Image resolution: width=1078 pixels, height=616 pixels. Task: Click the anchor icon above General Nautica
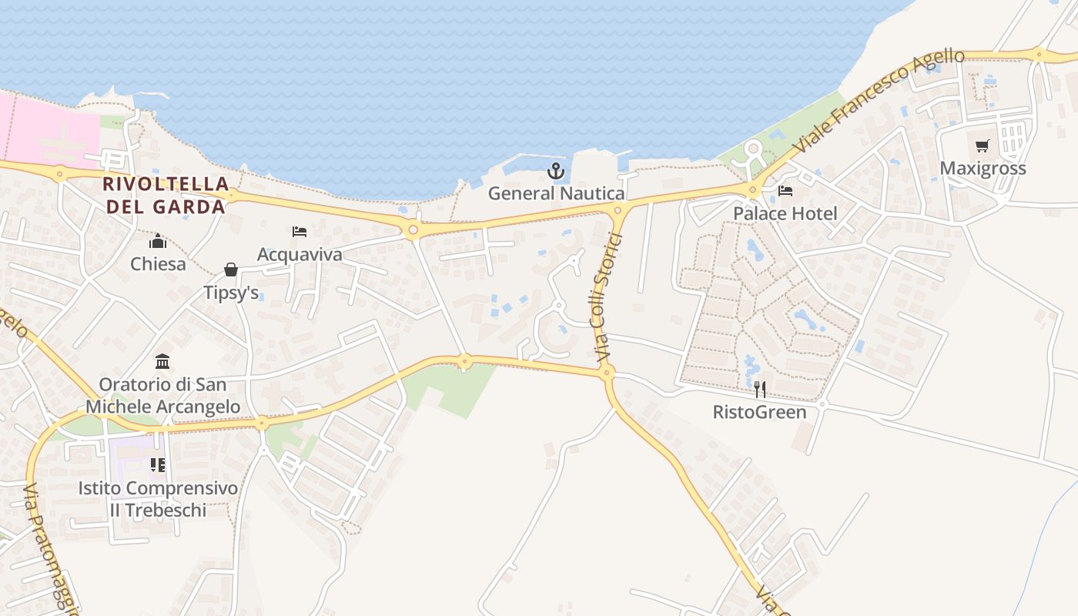click(556, 171)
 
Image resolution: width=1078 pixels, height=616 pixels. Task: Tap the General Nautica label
click(556, 193)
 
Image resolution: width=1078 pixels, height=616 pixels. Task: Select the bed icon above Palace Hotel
click(785, 190)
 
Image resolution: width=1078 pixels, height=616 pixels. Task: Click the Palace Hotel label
click(785, 213)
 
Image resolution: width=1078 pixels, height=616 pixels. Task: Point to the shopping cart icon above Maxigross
click(983, 146)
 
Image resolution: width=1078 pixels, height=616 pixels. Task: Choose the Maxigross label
click(983, 169)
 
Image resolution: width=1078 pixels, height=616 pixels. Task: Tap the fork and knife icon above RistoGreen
click(759, 390)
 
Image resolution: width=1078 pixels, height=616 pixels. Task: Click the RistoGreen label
click(759, 412)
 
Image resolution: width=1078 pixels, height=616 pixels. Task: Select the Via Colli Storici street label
click(608, 297)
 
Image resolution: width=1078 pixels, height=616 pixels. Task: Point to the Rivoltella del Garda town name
click(166, 196)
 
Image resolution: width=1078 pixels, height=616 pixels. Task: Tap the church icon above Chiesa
click(158, 241)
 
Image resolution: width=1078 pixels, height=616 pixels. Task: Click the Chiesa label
click(158, 264)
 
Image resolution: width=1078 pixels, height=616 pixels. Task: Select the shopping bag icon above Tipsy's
click(230, 269)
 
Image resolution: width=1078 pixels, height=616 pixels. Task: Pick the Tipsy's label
click(230, 293)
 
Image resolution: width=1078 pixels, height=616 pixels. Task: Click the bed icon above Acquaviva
click(300, 231)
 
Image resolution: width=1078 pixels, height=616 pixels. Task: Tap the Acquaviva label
click(300, 254)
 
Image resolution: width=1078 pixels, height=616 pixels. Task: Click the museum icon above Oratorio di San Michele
click(162, 361)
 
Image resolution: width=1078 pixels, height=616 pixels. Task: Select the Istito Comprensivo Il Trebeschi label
click(158, 499)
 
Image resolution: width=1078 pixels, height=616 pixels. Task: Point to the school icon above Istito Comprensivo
click(158, 464)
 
